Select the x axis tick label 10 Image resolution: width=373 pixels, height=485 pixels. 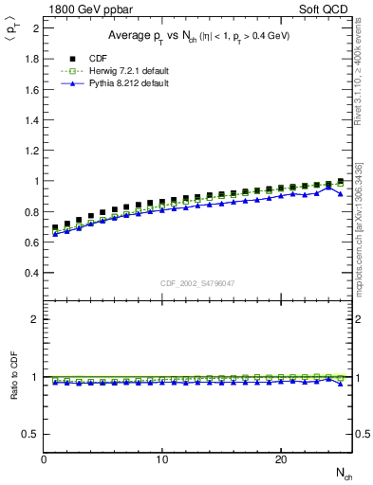(x=162, y=459)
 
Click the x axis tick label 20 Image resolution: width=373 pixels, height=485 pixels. (x=281, y=459)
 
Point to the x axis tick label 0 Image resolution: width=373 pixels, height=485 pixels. (x=45, y=459)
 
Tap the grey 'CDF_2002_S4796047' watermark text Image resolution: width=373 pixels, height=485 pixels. (x=197, y=283)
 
